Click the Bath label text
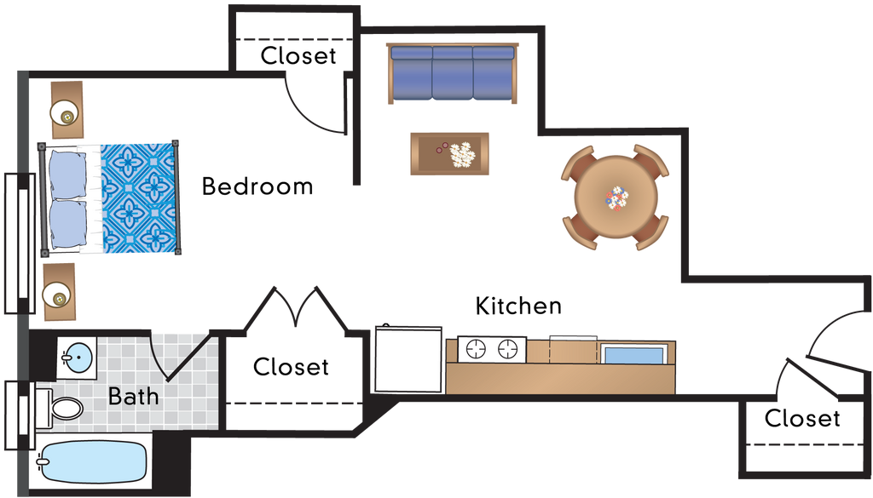tap(134, 397)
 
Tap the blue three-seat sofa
tap(452, 74)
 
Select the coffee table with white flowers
tap(449, 154)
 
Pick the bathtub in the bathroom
tap(92, 464)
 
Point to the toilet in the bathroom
tap(60, 408)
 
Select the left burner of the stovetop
tap(476, 348)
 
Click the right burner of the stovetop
tap(509, 348)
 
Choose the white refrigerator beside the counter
tap(408, 358)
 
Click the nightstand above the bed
tap(66, 111)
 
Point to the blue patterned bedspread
tap(141, 197)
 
